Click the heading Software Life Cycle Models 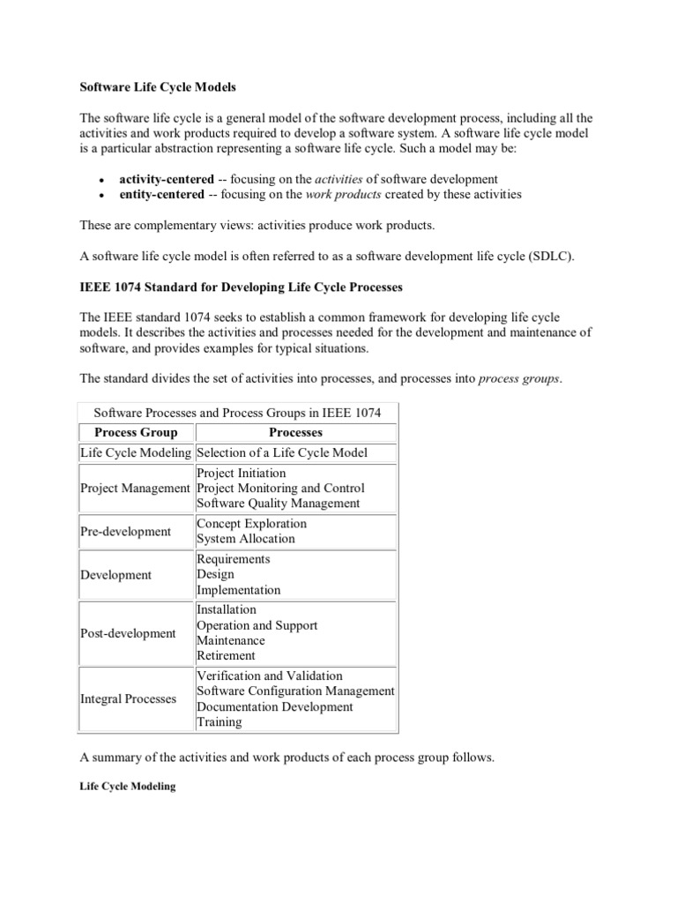[159, 87]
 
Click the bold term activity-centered [167, 178]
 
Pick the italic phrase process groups [518, 379]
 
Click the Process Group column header [136, 432]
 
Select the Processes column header [295, 432]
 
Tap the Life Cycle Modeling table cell [136, 452]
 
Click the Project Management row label [135, 488]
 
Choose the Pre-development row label [126, 531]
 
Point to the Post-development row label [128, 633]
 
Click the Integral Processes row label [128, 698]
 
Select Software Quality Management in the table [278, 504]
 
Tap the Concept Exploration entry [251, 523]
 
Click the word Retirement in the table [226, 655]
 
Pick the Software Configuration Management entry [295, 690]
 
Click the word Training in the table [219, 722]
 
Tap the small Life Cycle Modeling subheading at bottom [128, 787]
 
